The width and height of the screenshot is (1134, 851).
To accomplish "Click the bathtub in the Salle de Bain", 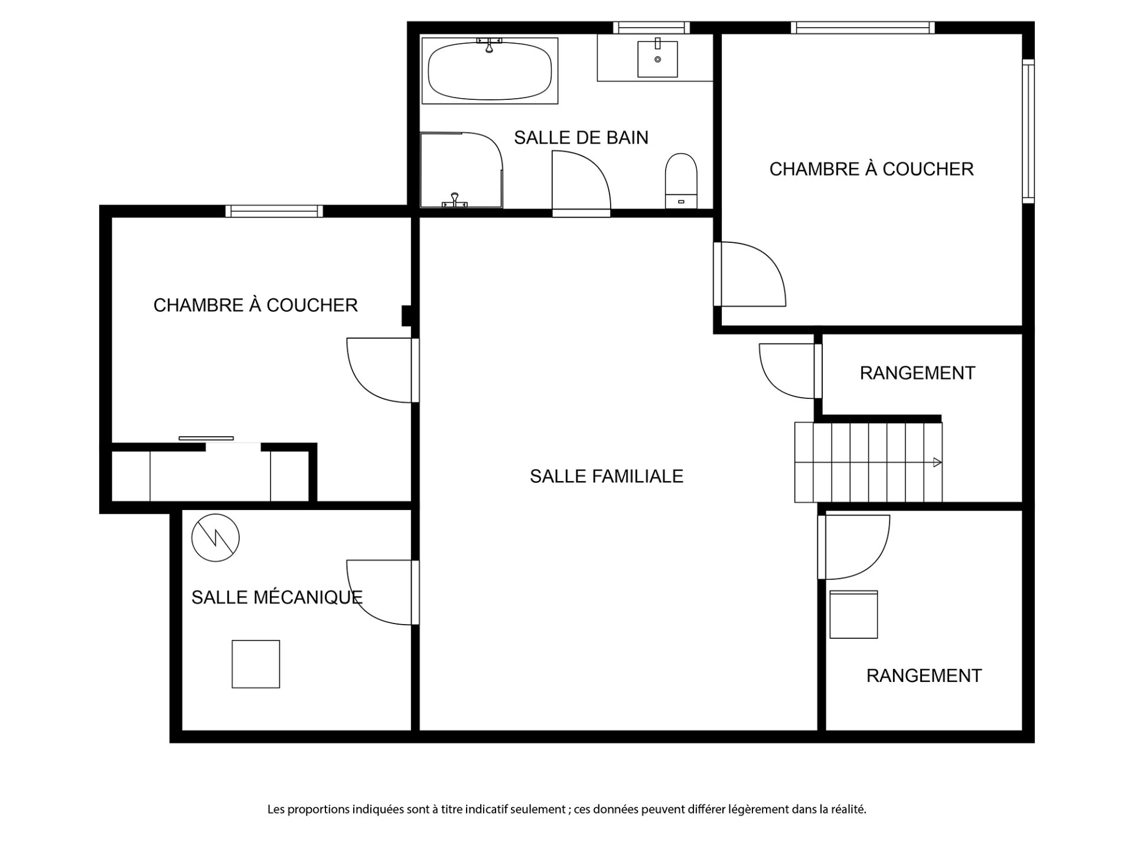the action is coord(490,71).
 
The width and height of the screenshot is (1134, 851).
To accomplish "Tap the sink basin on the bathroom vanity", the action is coord(657,59).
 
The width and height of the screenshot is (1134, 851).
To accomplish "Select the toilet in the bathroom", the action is coord(681,181).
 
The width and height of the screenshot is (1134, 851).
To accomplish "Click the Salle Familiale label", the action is coord(607,476).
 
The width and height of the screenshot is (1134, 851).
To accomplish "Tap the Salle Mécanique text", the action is coord(276,597).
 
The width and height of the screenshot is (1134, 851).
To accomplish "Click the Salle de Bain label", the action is coord(581,138).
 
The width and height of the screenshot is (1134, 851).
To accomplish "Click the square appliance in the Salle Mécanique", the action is coord(256,664).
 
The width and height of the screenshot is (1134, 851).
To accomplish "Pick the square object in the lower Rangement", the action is coord(853,615).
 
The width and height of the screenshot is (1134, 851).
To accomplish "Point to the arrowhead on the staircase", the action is coord(937,463).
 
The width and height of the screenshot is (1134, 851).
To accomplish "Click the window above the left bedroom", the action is coord(274,211).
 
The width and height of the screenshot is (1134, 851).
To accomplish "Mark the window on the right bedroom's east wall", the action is coord(1028,131).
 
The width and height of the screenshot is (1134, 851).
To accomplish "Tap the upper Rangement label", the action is coord(917,373).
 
